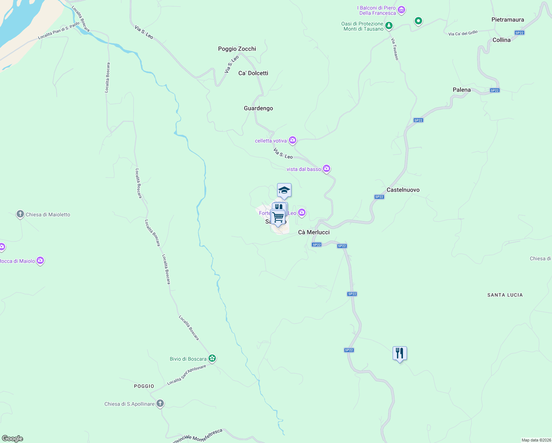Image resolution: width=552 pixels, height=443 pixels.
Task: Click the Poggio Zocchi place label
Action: click(x=237, y=49)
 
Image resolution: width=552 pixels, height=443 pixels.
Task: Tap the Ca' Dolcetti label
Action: click(x=253, y=73)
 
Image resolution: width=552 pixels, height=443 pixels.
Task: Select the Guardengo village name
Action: click(x=258, y=108)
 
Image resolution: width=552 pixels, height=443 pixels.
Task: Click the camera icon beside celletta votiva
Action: click(x=293, y=140)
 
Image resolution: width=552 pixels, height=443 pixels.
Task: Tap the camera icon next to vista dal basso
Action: click(x=326, y=169)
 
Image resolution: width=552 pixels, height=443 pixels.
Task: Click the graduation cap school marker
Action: click(x=284, y=190)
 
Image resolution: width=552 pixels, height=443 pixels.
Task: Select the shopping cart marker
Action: click(x=278, y=217)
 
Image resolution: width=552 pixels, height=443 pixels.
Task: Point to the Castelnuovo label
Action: click(x=403, y=190)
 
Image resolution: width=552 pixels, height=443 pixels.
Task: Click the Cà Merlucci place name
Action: click(x=314, y=232)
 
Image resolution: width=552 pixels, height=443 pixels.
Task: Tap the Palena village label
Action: click(x=462, y=90)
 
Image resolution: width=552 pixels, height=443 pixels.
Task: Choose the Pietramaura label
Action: click(x=508, y=20)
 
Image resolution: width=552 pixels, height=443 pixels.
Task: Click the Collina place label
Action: click(x=501, y=40)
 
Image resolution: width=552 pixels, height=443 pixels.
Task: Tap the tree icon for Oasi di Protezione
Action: click(x=389, y=26)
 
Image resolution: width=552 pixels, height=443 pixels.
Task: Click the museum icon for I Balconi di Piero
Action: click(x=401, y=10)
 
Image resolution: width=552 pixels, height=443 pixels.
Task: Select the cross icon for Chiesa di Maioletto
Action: click(x=20, y=214)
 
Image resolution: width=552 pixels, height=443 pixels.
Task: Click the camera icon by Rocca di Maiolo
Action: click(x=40, y=261)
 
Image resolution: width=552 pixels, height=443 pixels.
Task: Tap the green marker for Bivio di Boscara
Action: click(x=212, y=358)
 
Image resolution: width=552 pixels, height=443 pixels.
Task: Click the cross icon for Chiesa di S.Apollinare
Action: click(x=160, y=403)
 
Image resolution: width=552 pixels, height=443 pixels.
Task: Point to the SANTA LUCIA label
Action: click(x=505, y=295)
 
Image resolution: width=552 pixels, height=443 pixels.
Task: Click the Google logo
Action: click(x=13, y=439)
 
